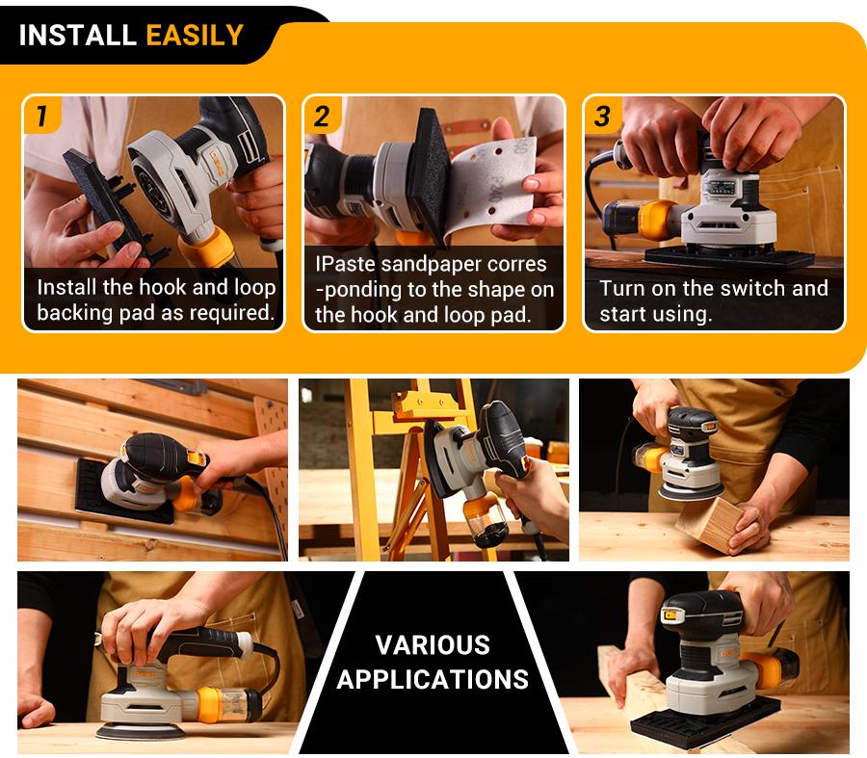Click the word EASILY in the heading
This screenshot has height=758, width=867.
point(195,36)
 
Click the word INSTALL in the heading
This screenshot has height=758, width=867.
point(78,36)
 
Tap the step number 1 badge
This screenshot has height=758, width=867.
point(41,117)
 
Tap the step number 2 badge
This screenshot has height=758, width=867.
point(322,117)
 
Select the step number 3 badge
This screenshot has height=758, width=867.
point(602,117)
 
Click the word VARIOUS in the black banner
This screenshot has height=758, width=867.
point(433,645)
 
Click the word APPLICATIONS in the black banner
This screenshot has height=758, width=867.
point(433,679)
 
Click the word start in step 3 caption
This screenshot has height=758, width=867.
point(627,314)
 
